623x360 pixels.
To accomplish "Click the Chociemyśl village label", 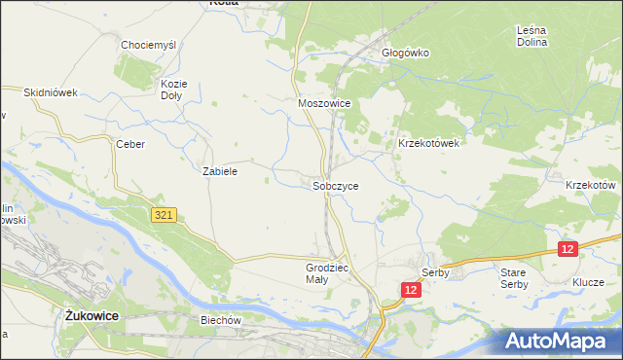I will (x=147, y=45).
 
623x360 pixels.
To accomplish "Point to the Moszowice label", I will (x=323, y=102).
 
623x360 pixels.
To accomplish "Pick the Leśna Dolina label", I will (x=532, y=36).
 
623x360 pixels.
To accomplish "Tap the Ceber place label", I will (x=130, y=144).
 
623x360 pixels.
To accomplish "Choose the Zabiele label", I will (x=220, y=170).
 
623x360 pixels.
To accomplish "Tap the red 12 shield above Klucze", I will (x=568, y=250).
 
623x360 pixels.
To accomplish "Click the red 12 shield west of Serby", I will (x=412, y=290).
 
